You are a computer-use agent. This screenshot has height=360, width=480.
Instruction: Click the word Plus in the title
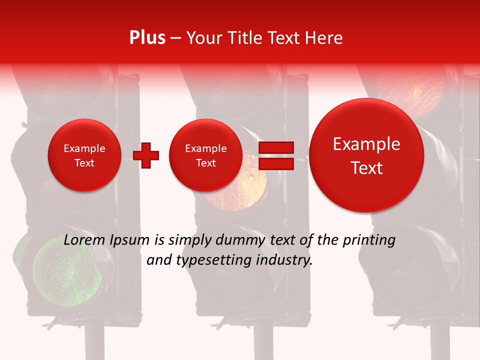tap(147, 38)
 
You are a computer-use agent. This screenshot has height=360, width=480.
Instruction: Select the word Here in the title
tap(323, 38)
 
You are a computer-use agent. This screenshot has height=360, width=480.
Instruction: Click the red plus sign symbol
tap(146, 155)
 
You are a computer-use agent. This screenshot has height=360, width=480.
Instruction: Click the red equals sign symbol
tap(275, 155)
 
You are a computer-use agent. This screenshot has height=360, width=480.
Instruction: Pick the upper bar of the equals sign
tap(275, 147)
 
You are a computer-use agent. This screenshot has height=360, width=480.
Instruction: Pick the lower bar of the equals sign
tap(275, 163)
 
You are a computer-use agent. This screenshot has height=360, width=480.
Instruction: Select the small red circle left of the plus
tap(84, 155)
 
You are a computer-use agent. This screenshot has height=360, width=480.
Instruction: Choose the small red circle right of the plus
tap(205, 155)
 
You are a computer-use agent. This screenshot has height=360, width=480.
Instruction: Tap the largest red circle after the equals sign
tap(366, 155)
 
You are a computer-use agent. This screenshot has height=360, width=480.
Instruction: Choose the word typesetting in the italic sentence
tap(215, 260)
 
